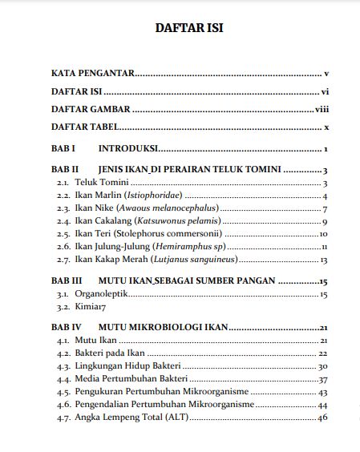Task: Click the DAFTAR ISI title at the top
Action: pos(188,28)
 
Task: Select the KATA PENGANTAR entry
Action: pos(92,73)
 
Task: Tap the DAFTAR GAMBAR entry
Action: pos(91,109)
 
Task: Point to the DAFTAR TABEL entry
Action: pos(85,127)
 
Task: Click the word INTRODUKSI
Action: pos(127,149)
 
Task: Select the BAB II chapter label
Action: pos(65,170)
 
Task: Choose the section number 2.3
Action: pos(63,209)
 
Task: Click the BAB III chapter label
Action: pos(67,281)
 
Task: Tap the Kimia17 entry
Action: pos(91,307)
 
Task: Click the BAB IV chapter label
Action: pos(67,328)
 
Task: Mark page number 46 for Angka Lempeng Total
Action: pos(323,418)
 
